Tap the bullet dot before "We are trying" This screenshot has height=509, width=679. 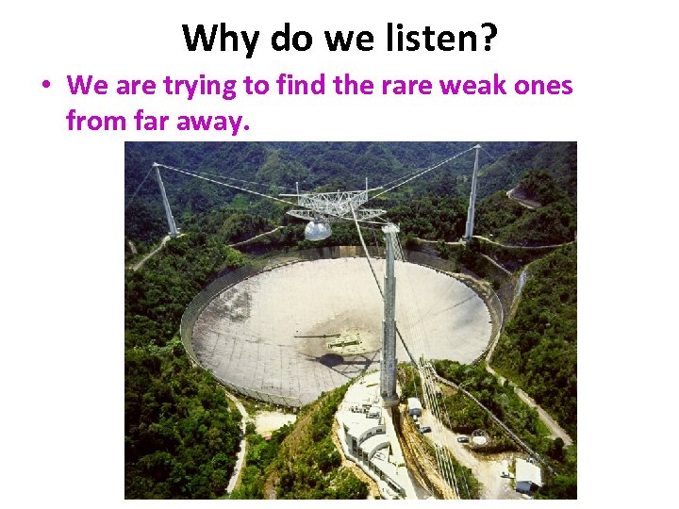[x=45, y=87]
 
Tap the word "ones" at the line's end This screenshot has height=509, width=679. [x=544, y=86]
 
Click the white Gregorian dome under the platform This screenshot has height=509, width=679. [x=317, y=229]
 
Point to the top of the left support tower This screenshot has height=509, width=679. [x=157, y=169]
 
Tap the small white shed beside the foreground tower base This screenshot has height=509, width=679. [x=414, y=406]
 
